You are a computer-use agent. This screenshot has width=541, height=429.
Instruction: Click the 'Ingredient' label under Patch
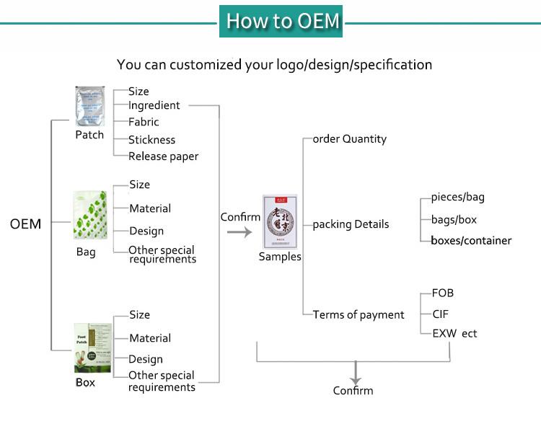154,105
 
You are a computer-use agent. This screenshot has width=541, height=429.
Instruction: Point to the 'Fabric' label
144,122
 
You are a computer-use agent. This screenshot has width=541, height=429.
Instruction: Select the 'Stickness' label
151,139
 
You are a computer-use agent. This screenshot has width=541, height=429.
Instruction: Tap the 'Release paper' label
163,156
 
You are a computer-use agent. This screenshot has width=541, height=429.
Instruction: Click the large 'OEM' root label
26,224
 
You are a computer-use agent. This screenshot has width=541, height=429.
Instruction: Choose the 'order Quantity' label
349,138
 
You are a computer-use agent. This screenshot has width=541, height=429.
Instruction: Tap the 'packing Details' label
351,224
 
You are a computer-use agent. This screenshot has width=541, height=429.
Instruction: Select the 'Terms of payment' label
359,314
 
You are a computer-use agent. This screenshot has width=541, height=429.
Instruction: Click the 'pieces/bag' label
462,197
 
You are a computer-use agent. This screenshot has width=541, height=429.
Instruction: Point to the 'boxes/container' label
471,240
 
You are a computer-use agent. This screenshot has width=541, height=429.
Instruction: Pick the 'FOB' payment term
442,293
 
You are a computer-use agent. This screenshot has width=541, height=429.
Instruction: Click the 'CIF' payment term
441,314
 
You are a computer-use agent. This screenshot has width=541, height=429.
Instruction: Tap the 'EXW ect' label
454,333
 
